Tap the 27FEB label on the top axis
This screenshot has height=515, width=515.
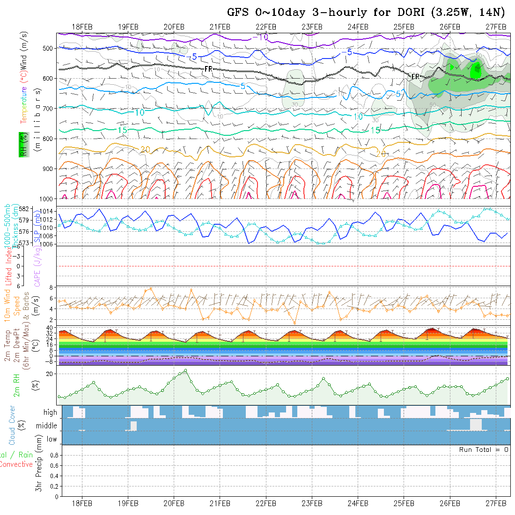[495, 27]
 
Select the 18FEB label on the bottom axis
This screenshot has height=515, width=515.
[82, 503]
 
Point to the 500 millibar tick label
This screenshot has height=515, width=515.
[50, 48]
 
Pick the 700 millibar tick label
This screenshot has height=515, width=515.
[50, 108]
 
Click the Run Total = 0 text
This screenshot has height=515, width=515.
[484, 449]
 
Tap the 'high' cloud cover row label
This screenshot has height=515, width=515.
[50, 412]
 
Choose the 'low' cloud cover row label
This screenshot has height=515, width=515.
[51, 439]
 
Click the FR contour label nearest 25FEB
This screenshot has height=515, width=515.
[415, 76]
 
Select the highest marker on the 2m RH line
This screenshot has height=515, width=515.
[185, 370]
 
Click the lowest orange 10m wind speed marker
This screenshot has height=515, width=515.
[294, 323]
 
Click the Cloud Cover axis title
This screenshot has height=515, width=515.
[12, 425]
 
